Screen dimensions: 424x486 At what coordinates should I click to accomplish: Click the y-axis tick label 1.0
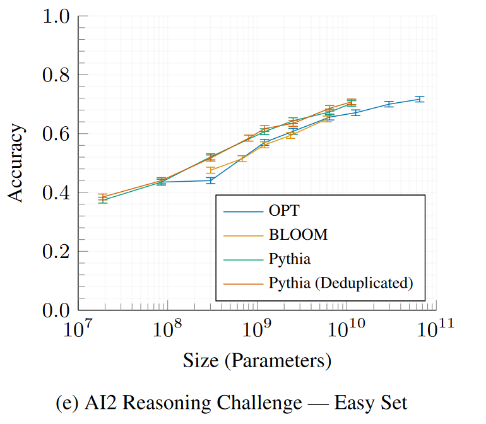coord(56,16)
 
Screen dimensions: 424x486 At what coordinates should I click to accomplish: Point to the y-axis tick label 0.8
coord(56,75)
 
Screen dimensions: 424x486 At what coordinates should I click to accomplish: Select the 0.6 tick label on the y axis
coord(56,134)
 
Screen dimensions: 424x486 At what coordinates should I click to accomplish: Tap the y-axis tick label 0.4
coord(56,192)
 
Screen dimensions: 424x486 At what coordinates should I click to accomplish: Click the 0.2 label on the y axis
coord(56,251)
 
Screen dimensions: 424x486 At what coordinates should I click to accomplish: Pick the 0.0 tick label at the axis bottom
coord(56,310)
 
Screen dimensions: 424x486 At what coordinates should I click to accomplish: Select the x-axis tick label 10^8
coord(167,329)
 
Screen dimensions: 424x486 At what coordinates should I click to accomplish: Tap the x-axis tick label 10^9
coord(257,329)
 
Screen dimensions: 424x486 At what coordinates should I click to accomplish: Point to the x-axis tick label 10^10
coord(347,329)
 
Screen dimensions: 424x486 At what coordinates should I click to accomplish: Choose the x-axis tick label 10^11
coord(436,329)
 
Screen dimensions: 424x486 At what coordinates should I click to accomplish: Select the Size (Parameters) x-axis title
coord(257,361)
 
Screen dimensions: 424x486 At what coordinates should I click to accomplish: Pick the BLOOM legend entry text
coord(299,235)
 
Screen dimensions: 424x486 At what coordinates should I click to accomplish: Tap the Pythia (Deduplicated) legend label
coord(341,283)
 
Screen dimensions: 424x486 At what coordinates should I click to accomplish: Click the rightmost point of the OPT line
coord(419,99)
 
